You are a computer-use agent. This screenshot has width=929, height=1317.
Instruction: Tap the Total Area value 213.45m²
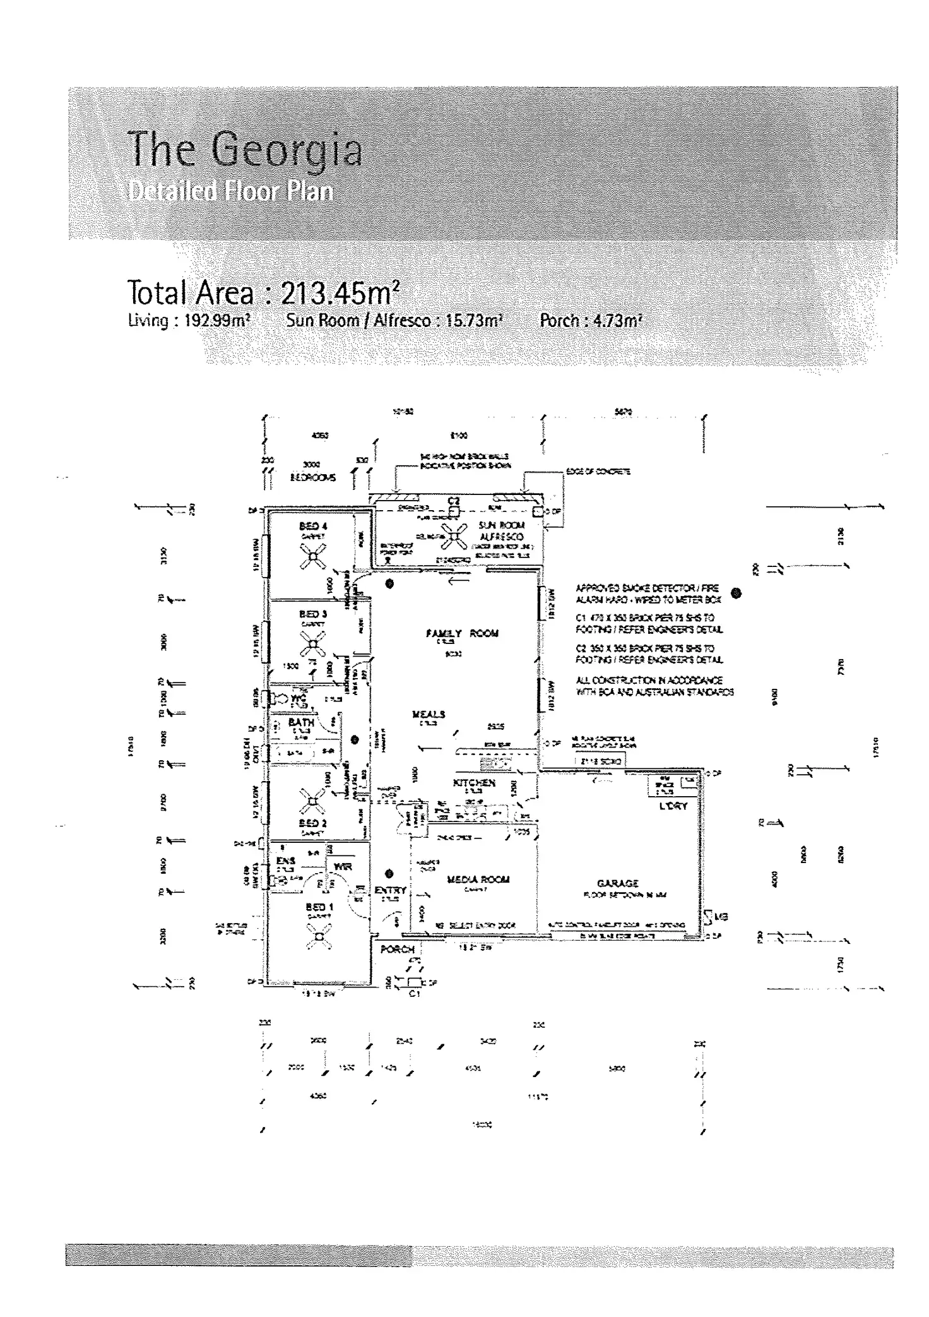pos(340,292)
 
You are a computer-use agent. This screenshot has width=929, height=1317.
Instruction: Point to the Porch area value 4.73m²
pos(618,321)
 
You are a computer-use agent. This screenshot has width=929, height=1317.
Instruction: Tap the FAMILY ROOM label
pos(462,633)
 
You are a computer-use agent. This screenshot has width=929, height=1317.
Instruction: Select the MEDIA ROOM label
pos(478,879)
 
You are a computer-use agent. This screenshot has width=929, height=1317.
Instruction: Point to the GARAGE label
pos(618,883)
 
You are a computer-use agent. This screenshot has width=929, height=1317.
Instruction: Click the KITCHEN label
pos(475,783)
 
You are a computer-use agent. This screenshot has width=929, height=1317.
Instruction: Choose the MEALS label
pos(429,714)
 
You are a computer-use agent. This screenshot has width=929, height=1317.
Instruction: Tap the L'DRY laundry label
pos(673,806)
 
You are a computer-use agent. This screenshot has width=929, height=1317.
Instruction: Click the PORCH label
pos(398,949)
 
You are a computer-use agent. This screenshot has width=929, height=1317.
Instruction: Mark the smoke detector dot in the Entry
pos(389,874)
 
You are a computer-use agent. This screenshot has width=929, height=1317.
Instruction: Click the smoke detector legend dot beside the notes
pos(736,593)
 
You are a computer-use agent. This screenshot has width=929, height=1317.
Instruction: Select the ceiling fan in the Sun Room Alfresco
pos(453,537)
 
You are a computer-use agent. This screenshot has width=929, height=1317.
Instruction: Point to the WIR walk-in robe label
pos(342,866)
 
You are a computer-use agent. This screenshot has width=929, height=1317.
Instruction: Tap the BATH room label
pos(301,722)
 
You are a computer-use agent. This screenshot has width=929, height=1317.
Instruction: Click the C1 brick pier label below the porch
pos(414,994)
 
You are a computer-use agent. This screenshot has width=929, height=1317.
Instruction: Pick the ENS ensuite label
pos(286,861)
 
